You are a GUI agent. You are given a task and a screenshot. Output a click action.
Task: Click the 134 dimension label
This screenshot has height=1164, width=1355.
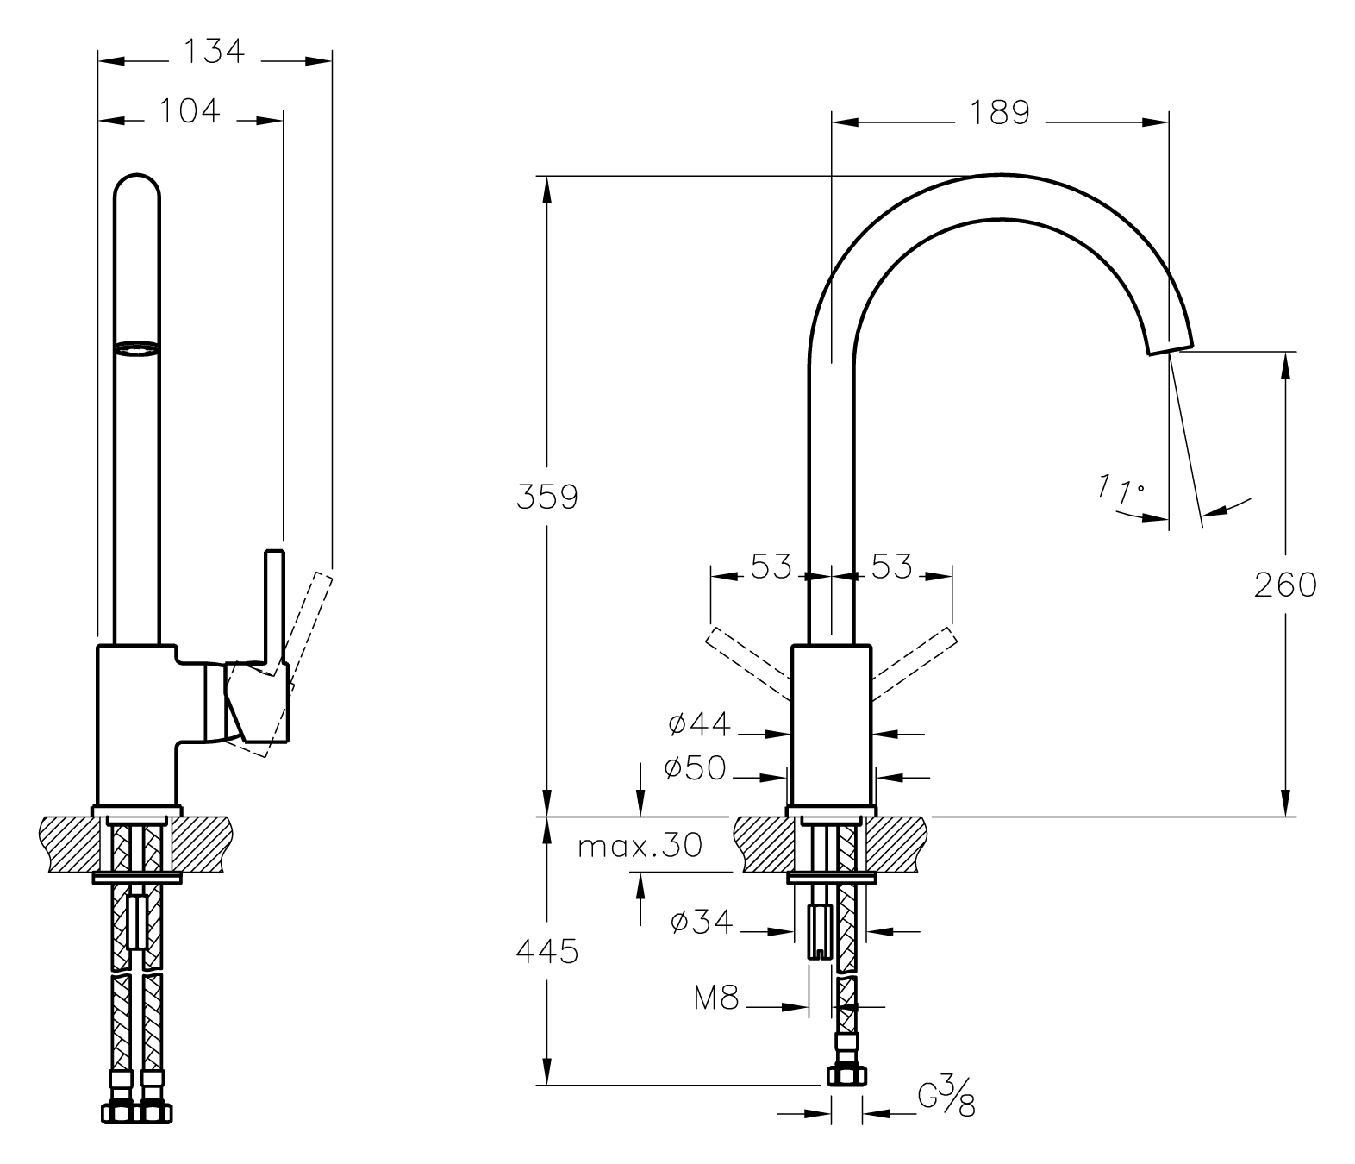coord(214,52)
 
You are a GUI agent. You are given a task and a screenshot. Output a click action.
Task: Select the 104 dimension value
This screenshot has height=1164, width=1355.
coord(190,110)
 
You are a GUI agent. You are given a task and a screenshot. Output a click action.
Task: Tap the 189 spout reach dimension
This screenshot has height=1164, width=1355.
coord(1000,113)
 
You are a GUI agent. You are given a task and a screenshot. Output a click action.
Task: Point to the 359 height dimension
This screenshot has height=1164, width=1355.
coord(546,497)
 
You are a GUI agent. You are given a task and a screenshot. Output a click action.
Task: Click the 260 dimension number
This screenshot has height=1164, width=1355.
coord(1285,585)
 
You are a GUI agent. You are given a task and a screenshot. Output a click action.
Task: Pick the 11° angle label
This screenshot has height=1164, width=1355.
coord(1120,490)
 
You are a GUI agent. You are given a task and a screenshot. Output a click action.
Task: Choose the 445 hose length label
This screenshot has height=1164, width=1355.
coord(546,952)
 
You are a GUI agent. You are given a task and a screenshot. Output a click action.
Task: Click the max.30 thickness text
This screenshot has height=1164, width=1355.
coord(640,846)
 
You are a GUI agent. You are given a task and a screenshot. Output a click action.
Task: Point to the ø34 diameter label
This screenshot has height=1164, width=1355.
coord(701,923)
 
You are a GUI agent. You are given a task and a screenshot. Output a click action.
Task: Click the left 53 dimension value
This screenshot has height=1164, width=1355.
coord(771,566)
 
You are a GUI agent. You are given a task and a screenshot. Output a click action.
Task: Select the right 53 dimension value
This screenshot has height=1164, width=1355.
coord(890,566)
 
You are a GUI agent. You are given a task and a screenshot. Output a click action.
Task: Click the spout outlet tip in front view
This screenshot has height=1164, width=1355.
coord(1169,343)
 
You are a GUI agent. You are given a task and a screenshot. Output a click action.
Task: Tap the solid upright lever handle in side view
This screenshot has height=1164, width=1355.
coord(274,604)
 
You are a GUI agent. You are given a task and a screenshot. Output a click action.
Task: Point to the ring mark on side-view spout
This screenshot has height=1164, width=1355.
coord(138,347)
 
